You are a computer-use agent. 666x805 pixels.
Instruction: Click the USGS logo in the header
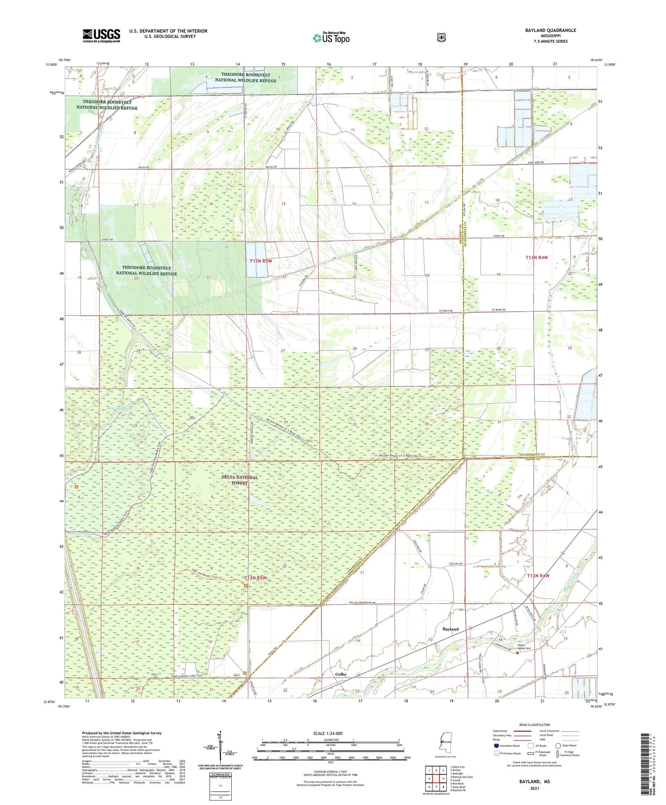[x=101, y=36]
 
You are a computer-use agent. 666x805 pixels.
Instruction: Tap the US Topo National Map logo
[x=331, y=38]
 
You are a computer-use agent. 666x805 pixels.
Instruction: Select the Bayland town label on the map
[x=450, y=629]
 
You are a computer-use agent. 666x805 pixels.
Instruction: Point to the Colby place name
[x=341, y=674]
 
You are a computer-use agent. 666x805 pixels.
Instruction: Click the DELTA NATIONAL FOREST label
[x=239, y=480]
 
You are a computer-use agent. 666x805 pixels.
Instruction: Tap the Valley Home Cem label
[x=524, y=647]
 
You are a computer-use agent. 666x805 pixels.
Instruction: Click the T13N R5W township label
[x=261, y=261]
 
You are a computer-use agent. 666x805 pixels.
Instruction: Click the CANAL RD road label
[x=498, y=236]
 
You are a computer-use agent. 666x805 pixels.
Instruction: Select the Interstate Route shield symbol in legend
[x=496, y=746]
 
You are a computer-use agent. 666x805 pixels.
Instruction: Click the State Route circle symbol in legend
[x=558, y=746]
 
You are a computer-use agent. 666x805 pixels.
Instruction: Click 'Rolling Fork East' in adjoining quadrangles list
[x=461, y=777]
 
